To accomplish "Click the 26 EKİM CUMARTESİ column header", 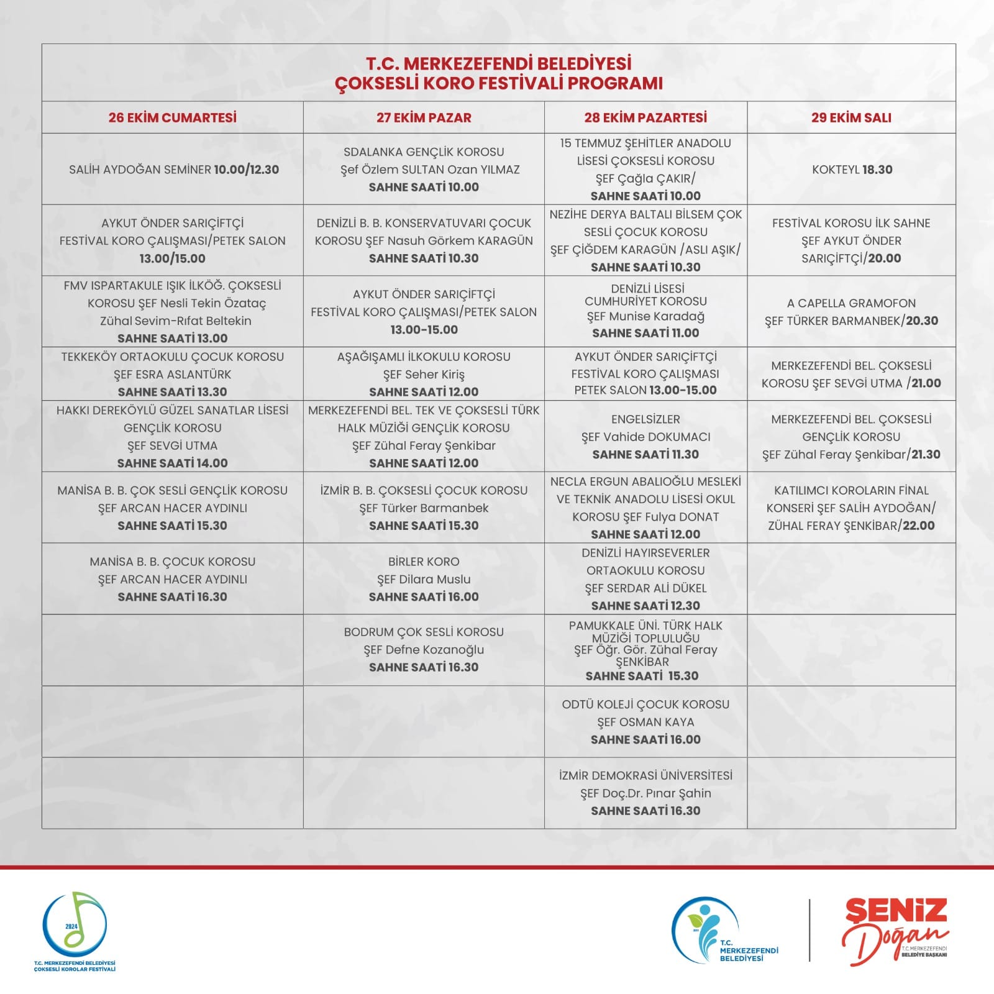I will (x=172, y=117).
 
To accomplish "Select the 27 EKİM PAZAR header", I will (x=424, y=117).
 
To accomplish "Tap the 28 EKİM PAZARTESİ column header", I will (x=645, y=117).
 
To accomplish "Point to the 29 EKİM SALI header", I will (x=851, y=117).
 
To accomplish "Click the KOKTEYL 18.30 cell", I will (x=852, y=170).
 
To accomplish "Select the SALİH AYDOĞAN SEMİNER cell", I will (x=173, y=170).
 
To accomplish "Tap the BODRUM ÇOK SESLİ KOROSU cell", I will (x=424, y=649).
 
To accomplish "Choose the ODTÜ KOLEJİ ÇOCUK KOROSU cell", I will (x=645, y=721).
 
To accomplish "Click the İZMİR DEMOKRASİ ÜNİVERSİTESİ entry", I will (x=645, y=793).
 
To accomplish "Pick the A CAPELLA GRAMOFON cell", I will (x=851, y=312).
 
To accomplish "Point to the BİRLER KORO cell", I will (x=424, y=579).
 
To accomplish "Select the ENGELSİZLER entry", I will (x=645, y=437).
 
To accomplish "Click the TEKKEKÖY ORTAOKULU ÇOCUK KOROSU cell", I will (x=172, y=374).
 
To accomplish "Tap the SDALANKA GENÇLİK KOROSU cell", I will (x=424, y=170).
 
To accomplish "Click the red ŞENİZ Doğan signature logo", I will (x=895, y=928).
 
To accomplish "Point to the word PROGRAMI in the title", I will (x=616, y=83).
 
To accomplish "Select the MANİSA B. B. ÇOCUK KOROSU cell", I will (x=172, y=579).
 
